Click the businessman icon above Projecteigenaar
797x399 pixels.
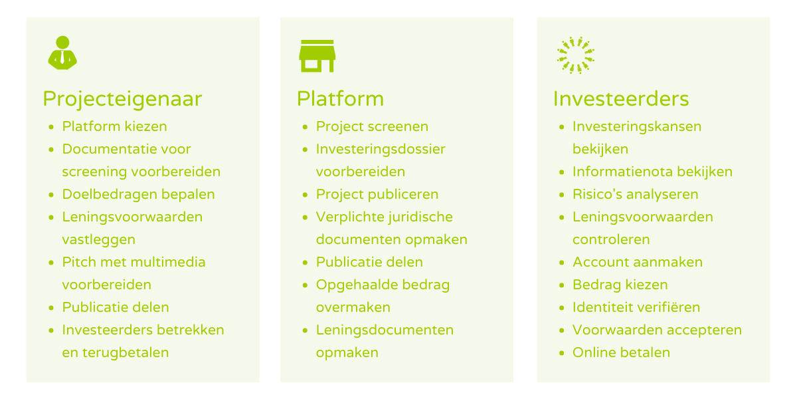[x=62, y=53]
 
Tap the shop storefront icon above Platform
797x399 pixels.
[x=317, y=56]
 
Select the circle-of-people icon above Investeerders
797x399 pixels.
[x=575, y=55]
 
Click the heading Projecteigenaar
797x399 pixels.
[x=122, y=99]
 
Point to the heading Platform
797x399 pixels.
[x=341, y=98]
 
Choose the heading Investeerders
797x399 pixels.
[x=621, y=98]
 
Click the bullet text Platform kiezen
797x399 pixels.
[x=114, y=126]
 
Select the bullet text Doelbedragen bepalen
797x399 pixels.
[x=138, y=194]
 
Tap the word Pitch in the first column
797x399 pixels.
[x=79, y=262]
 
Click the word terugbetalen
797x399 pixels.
[x=126, y=352]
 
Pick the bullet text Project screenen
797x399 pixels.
[x=372, y=126]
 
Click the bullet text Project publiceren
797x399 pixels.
[x=377, y=194]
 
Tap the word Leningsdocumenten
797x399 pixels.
[x=385, y=331]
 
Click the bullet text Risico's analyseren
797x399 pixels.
[x=636, y=194]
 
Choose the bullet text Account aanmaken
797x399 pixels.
[x=638, y=262]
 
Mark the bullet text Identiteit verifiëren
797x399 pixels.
[x=636, y=307]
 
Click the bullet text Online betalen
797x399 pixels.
[x=621, y=352]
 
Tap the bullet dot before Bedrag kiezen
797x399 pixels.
[x=562, y=285]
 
